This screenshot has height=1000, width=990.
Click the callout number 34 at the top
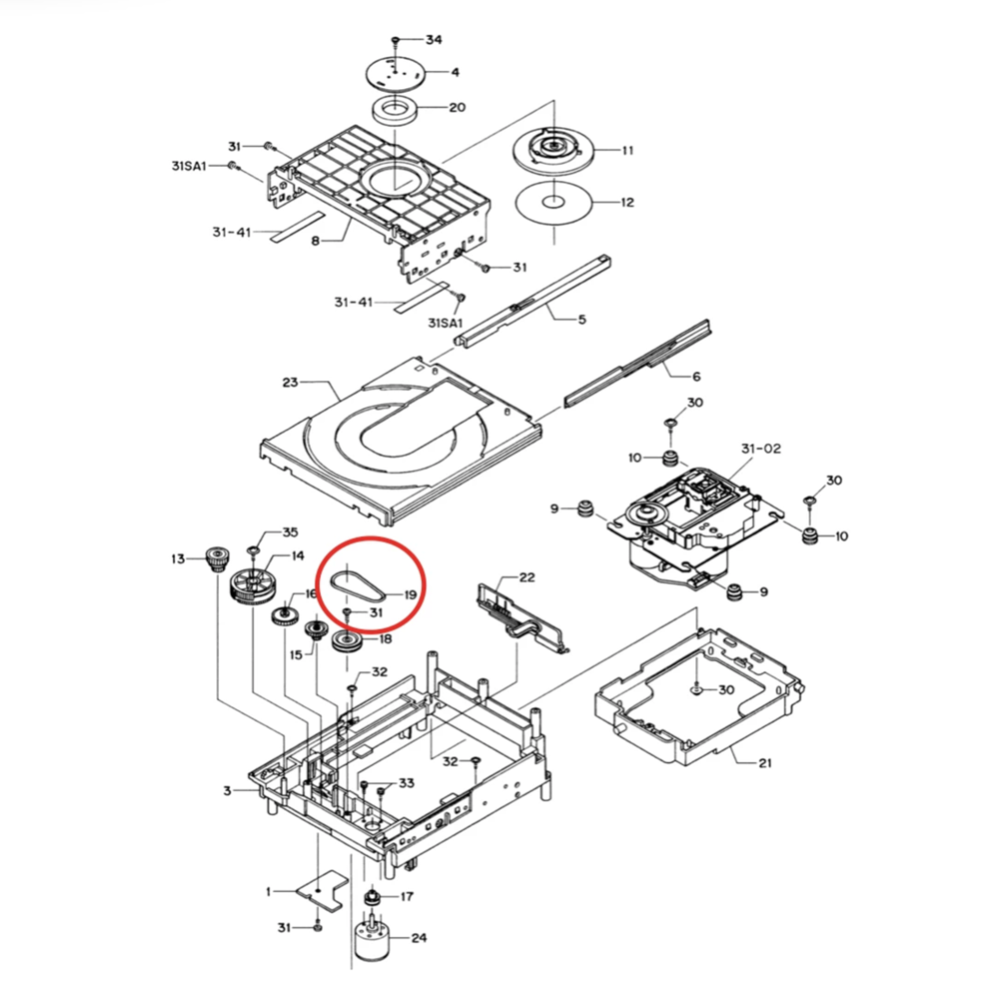coord(434,41)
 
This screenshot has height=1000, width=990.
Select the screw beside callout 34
coord(396,41)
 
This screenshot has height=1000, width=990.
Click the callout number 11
coord(628,150)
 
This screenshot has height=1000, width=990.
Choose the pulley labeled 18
coord(348,641)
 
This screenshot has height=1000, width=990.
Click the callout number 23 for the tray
coord(289,382)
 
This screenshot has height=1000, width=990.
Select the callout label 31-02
coord(760,449)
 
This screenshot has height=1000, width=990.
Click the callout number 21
coord(765,762)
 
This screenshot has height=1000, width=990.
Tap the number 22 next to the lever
coord(527,577)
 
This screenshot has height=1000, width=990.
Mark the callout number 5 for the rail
coord(582,319)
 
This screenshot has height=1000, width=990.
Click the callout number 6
coord(696,377)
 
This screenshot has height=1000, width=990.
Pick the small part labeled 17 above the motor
coord(371,897)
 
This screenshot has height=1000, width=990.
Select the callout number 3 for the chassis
coord(227,791)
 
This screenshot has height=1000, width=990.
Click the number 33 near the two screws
coord(407,783)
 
